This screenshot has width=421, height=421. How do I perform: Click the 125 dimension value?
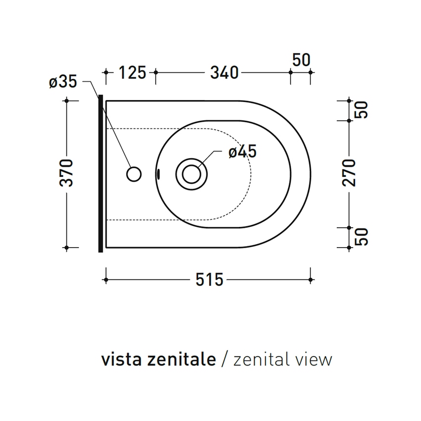point(132,73)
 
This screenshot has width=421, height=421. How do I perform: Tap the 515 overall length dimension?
point(209,280)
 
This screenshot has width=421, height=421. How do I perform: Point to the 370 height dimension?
point(67,173)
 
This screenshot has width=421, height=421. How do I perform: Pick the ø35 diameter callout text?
point(63,82)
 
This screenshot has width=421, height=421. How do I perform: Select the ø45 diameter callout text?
point(243,152)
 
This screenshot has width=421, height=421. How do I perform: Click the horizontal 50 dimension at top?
point(301,60)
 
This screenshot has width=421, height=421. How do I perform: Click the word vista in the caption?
point(117,360)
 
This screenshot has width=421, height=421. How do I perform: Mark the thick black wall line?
point(101,173)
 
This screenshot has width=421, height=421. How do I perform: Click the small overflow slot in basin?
point(158,173)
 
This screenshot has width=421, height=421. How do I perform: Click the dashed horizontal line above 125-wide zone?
point(131,129)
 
